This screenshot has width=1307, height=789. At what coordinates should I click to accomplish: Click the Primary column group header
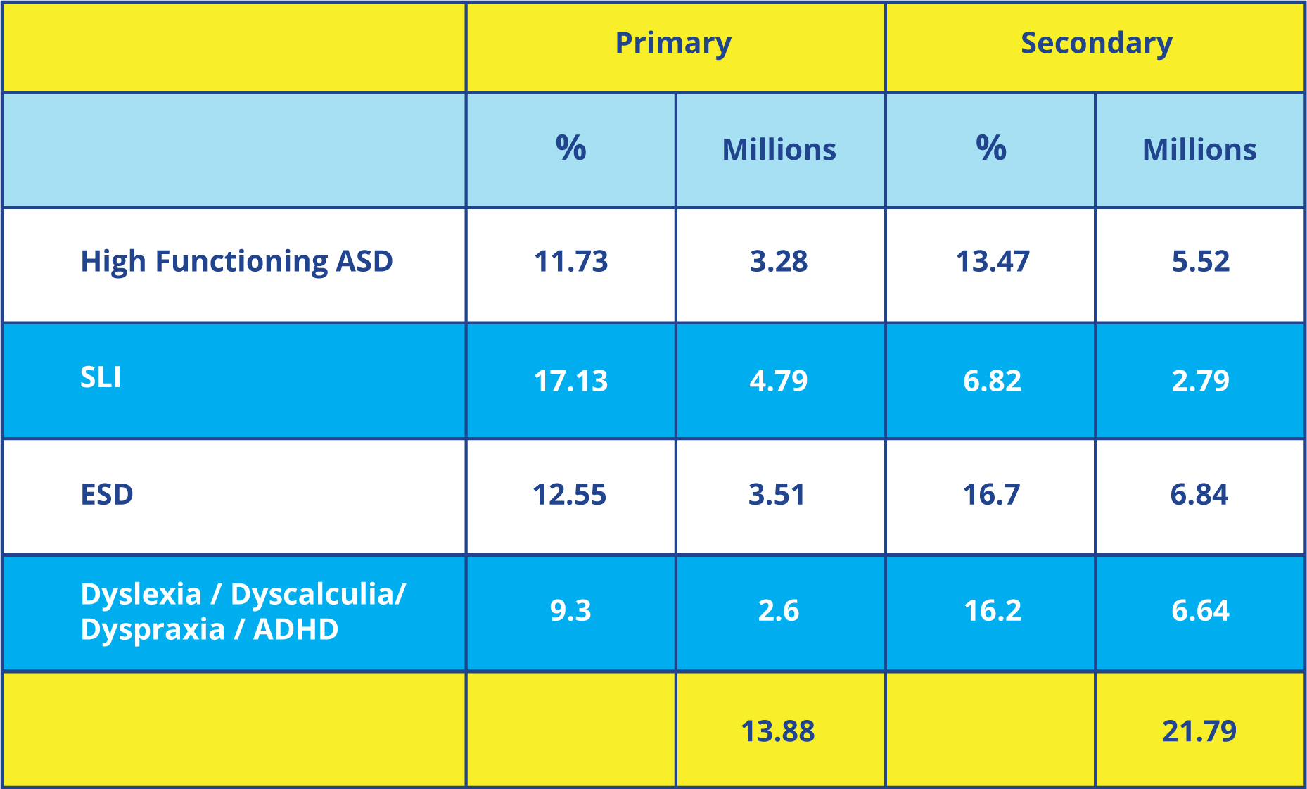pyautogui.click(x=673, y=44)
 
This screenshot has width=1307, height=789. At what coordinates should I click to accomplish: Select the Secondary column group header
pyautogui.click(x=1096, y=44)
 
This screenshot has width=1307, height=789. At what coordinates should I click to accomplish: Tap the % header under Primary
pyautogui.click(x=570, y=149)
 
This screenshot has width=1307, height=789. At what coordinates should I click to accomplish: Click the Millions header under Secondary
pyautogui.click(x=1199, y=150)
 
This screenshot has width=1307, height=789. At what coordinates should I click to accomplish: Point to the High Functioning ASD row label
pyautogui.click(x=236, y=262)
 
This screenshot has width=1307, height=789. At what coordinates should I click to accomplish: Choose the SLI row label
pyautogui.click(x=101, y=378)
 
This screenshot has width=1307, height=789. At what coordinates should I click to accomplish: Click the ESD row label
pyautogui.click(x=107, y=495)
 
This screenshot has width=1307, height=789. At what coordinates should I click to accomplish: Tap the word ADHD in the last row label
pyautogui.click(x=295, y=630)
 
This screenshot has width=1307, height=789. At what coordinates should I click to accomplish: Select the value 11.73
pyautogui.click(x=570, y=262)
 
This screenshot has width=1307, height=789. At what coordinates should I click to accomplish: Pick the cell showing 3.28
pyautogui.click(x=779, y=262)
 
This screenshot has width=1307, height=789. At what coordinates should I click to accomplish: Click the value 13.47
pyautogui.click(x=992, y=262)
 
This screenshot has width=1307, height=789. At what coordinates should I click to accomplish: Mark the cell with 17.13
pyautogui.click(x=570, y=381)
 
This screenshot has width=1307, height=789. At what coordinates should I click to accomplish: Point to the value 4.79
pyautogui.click(x=779, y=381)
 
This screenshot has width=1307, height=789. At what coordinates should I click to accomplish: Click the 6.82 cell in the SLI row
pyautogui.click(x=992, y=381)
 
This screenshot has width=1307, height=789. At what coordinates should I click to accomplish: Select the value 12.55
pyautogui.click(x=569, y=495)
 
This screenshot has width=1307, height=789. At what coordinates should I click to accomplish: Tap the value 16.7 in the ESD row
pyautogui.click(x=991, y=495)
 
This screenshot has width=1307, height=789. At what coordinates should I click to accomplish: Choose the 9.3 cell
pyautogui.click(x=570, y=611)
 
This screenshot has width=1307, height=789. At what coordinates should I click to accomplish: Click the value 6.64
pyautogui.click(x=1200, y=611)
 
